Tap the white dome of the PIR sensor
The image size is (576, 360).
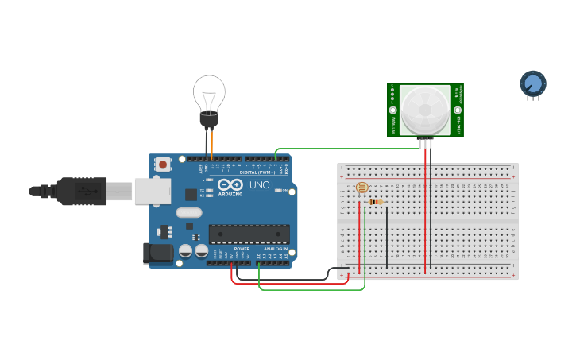424,109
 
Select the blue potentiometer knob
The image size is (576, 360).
532,83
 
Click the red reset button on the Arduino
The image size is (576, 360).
163,165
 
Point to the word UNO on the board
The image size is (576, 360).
260,185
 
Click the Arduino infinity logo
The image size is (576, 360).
230,184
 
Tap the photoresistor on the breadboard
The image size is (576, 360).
361,188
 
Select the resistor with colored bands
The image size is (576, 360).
376,202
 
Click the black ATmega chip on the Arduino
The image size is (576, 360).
249,234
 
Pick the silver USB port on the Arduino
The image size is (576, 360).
153,192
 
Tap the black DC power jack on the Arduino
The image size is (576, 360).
158,253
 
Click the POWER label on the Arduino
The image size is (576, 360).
242,249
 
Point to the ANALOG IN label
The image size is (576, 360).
275,249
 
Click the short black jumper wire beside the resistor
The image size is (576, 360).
387,234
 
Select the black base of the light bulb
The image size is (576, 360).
209,119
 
